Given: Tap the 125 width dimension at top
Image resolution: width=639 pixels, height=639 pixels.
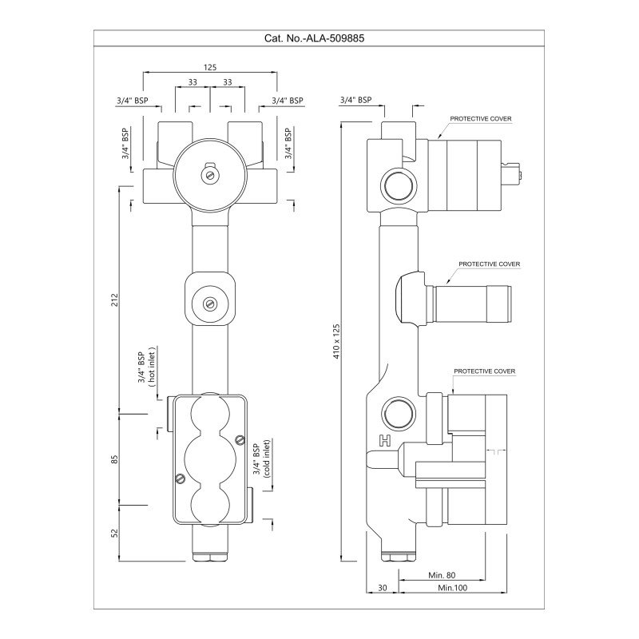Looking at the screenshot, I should coord(210,68).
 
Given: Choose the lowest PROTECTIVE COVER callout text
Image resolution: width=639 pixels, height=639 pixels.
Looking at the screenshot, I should coord(485,371).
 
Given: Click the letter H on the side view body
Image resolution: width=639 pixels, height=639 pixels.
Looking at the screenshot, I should coord(384,440).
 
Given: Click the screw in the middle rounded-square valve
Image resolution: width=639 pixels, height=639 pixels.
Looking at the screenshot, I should coord(210,303).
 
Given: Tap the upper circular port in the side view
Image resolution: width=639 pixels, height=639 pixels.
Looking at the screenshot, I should coord(398,185).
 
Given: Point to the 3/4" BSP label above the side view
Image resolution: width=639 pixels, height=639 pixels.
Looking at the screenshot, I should coord(356,100).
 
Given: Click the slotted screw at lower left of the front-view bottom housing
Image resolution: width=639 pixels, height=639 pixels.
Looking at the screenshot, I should coord(180,479).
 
